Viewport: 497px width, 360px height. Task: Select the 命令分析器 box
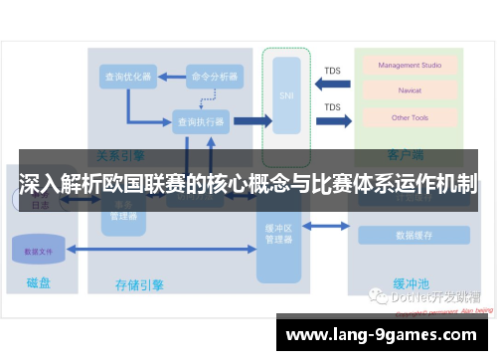214,76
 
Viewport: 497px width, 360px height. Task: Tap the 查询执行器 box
201,121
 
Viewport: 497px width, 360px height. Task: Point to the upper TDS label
332,70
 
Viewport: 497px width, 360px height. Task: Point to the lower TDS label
332,106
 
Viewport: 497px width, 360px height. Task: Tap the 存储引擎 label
139,285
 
